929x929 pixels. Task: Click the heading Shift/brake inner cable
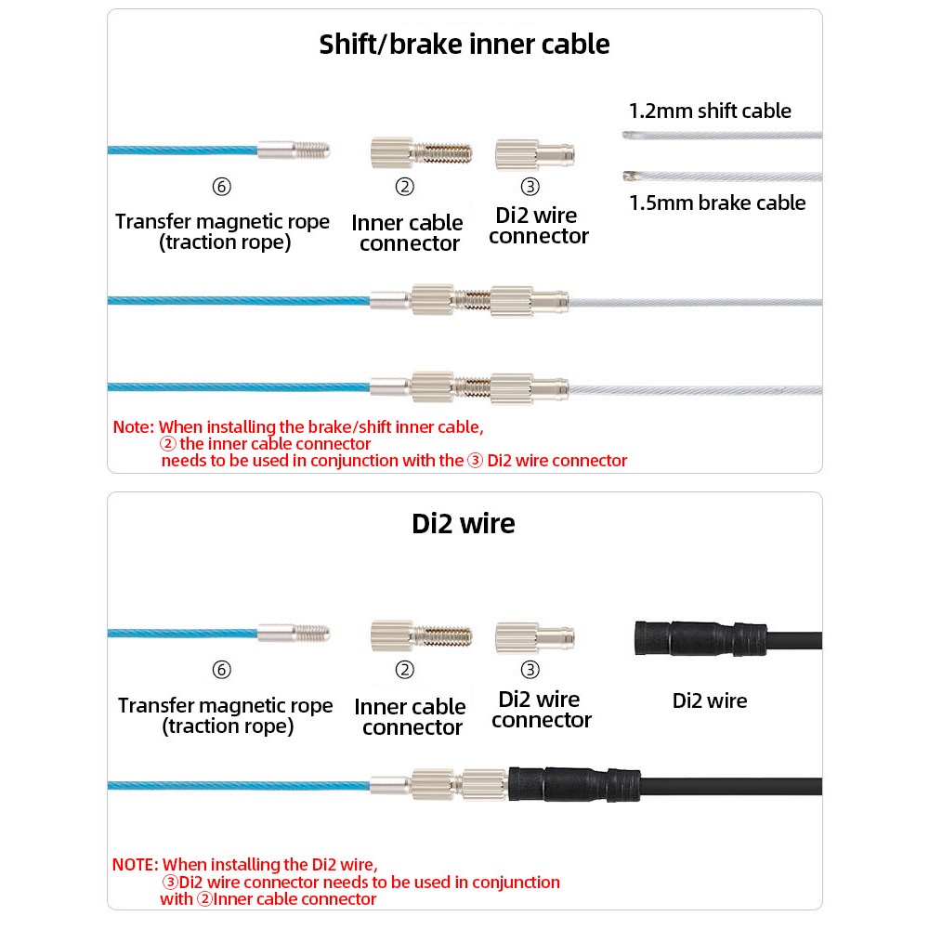[x=464, y=45]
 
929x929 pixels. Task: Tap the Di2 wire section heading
[x=464, y=524]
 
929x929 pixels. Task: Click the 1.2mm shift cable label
[x=710, y=111]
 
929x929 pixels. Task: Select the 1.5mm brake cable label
[x=717, y=203]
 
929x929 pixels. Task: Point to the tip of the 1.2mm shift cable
[x=625, y=135]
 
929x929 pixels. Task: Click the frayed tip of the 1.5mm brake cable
[x=627, y=176]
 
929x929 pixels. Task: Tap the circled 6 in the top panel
[x=222, y=187]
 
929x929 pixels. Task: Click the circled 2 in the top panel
[x=405, y=187]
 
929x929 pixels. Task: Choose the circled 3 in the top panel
[x=530, y=187]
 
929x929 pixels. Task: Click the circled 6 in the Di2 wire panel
[x=222, y=670]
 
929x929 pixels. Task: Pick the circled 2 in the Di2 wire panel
[x=405, y=670]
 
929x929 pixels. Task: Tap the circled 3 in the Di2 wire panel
[x=530, y=670]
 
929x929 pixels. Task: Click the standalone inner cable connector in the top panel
[x=421, y=153]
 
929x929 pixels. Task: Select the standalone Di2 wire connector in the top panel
[x=534, y=154]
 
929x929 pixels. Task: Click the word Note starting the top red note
[x=133, y=427]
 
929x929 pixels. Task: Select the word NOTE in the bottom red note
[x=135, y=865]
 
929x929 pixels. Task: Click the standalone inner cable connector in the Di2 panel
[x=421, y=636]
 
